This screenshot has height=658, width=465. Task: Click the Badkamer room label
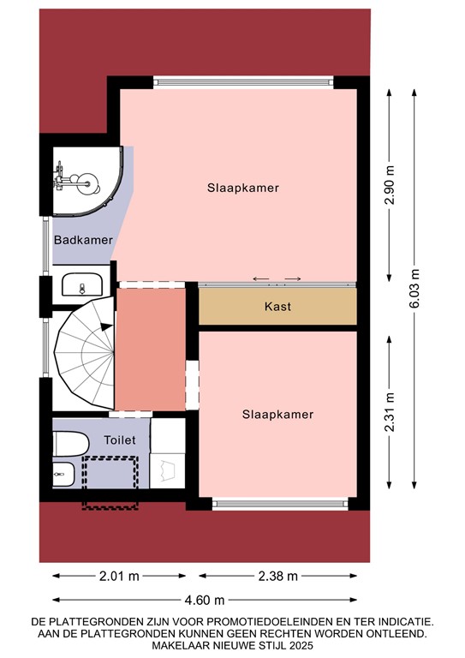pos(83,240)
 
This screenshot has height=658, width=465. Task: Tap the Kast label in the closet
pos(277,306)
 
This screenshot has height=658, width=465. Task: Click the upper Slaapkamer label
pos(243,187)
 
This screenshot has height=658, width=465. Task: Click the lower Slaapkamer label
pos(277,414)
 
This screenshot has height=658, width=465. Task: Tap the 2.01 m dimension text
pos(120,576)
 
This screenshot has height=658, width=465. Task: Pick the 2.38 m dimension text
pos(277,576)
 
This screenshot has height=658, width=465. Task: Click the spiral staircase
pos(84,352)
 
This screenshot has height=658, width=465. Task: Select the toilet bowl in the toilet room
pos(69,445)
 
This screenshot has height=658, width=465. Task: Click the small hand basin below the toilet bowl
pos(63,472)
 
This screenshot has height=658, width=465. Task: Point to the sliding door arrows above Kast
pos(277,278)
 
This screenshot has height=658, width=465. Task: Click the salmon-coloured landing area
pos(151,350)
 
